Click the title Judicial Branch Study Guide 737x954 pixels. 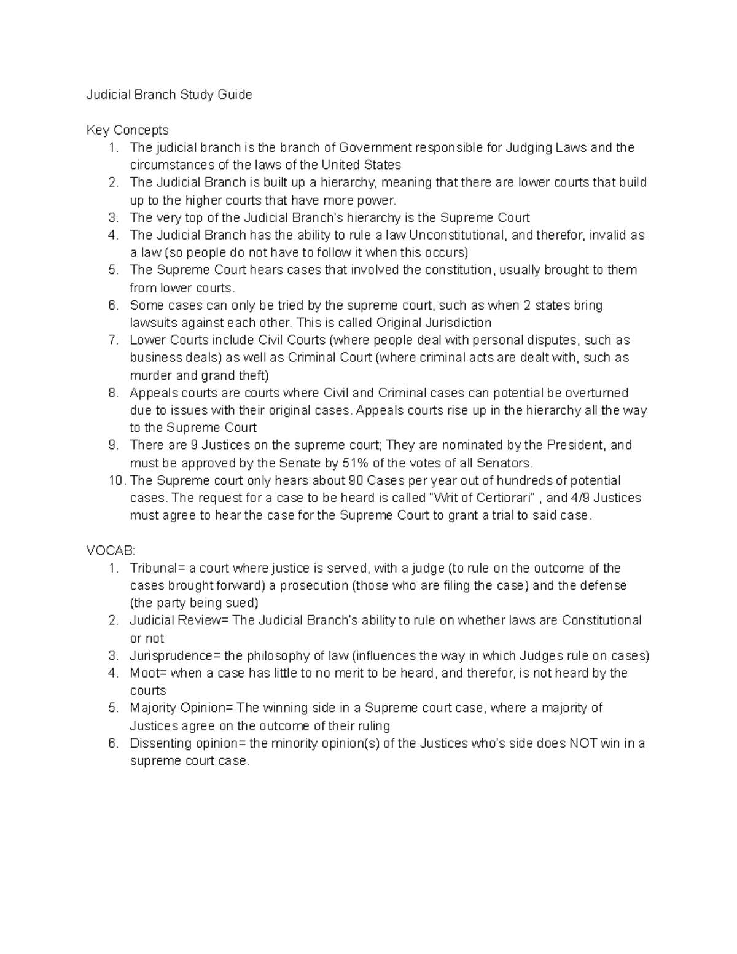click(169, 95)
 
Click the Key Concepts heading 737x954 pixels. click(127, 130)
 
